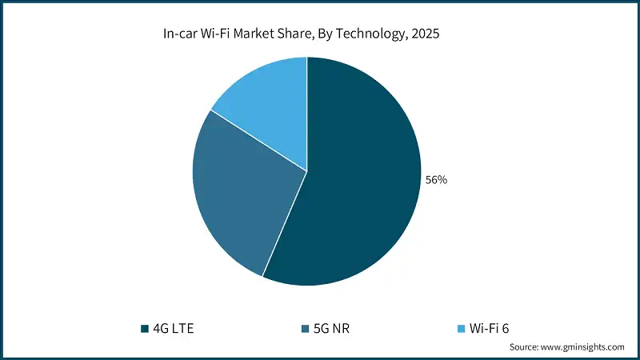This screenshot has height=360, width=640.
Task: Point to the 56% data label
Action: (x=436, y=180)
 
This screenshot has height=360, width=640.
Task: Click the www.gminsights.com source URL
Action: (x=583, y=347)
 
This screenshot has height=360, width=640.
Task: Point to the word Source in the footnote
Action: (x=524, y=347)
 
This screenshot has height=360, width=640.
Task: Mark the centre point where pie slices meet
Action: (x=307, y=170)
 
